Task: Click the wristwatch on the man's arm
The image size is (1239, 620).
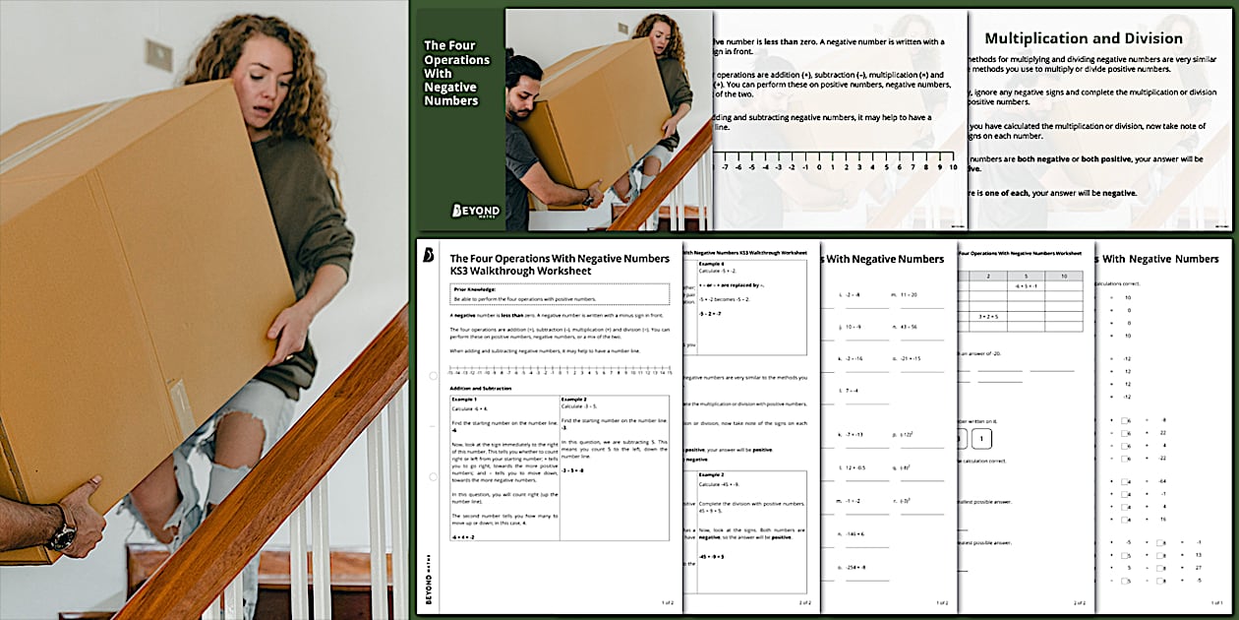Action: coord(62,535)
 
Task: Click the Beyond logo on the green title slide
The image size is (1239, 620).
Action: coord(475,211)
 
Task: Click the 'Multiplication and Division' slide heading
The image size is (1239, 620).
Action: coord(1084,38)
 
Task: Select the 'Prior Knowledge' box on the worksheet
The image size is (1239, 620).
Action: coord(559,293)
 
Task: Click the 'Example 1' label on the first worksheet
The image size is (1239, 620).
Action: coord(464,400)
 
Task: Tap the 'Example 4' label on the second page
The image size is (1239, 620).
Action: coord(712,264)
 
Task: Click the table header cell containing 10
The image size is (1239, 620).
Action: coord(1063,277)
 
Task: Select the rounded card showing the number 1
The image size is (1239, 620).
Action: coord(984,439)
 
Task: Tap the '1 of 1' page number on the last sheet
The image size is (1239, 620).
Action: coord(1217,602)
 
